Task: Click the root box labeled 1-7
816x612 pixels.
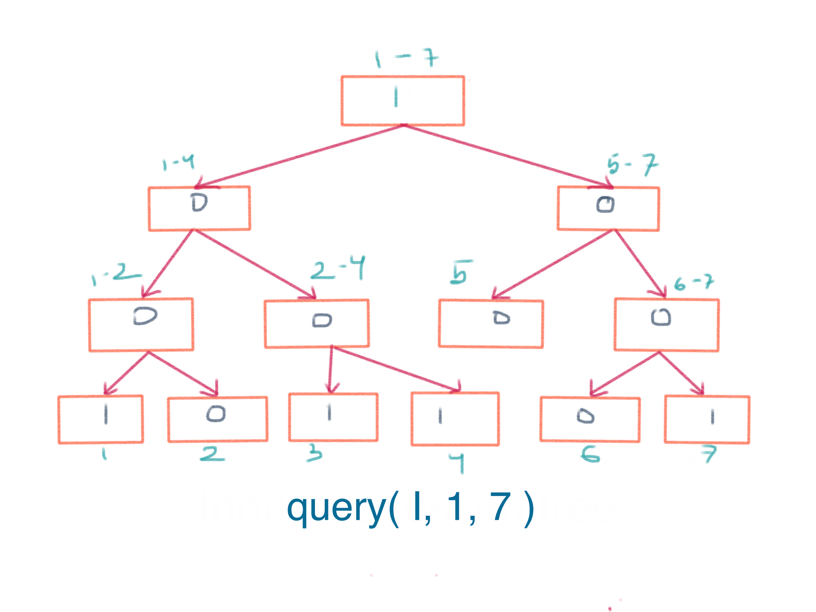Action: click(403, 100)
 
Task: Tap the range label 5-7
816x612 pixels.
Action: click(632, 164)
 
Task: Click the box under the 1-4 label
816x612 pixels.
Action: click(199, 208)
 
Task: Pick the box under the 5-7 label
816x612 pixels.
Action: click(608, 208)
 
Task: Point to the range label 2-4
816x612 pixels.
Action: click(338, 268)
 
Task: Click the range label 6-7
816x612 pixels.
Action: click(694, 283)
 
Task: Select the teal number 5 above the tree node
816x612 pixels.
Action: click(460, 272)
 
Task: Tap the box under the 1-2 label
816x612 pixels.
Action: click(141, 325)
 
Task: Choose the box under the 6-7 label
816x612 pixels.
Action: click(666, 325)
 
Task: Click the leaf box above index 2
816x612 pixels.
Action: click(218, 419)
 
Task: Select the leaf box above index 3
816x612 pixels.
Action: click(333, 417)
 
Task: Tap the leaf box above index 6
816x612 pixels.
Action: click(590, 419)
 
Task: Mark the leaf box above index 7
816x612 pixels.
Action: click(707, 420)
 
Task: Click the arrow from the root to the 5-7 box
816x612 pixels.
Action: click(509, 156)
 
